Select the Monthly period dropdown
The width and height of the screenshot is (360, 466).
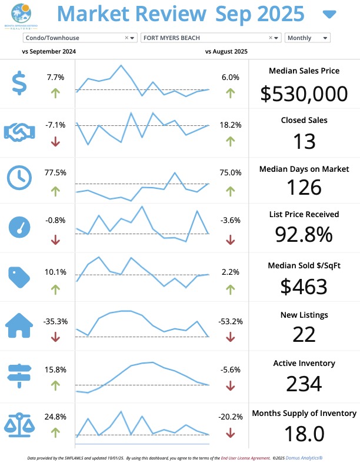(x=307, y=38)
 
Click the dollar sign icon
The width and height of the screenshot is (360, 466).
(x=19, y=83)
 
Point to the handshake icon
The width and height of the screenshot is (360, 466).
(x=19, y=132)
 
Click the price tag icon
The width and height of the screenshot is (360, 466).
(x=19, y=276)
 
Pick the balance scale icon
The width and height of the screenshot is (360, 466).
(x=19, y=424)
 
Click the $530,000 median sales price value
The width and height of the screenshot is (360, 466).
(x=304, y=93)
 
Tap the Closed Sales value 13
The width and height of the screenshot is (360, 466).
(x=304, y=141)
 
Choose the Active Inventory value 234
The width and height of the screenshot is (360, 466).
(x=304, y=384)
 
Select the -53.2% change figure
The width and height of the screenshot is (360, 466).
(x=230, y=322)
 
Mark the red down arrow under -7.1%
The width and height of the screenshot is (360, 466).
(x=55, y=141)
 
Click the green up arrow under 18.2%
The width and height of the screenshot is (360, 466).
(x=230, y=141)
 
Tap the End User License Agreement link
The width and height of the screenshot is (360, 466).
(x=245, y=457)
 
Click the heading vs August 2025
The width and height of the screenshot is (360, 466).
(x=226, y=52)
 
